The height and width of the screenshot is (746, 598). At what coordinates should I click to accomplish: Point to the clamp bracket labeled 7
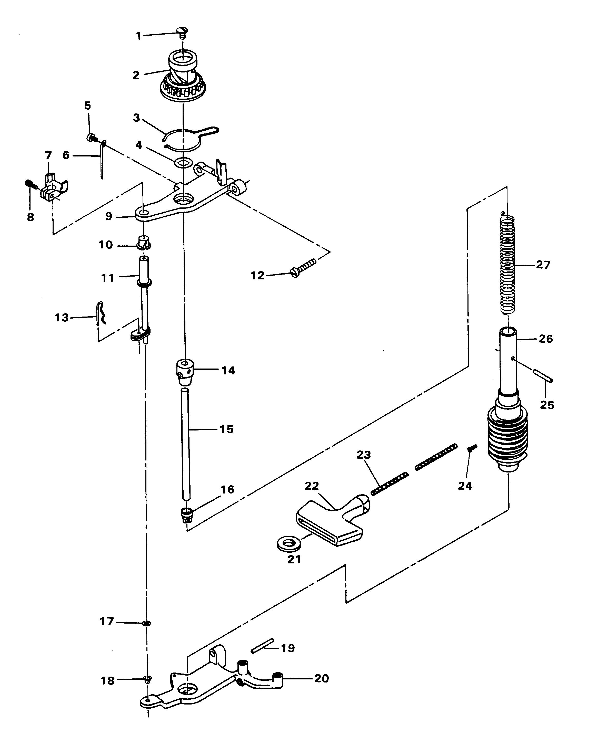coord(54,187)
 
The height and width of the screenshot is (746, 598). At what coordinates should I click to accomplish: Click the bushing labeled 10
coord(144,242)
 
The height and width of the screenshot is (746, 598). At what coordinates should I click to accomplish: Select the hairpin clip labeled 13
coord(101,313)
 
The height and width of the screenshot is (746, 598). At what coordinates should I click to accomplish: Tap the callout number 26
coord(546,339)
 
